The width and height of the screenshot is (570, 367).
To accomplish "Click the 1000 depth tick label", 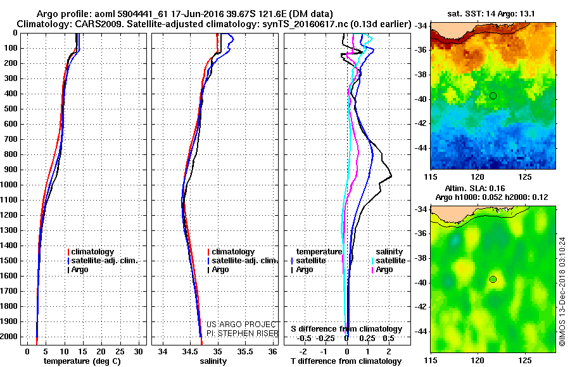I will (10, 185).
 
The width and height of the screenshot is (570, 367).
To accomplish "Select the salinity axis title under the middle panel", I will (213, 361).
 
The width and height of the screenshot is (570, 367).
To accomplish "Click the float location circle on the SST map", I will (493, 96).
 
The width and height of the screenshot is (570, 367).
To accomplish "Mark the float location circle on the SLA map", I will (493, 279).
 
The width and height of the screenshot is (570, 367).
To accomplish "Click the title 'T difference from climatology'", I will (346, 361).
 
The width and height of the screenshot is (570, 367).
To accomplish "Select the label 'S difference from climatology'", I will (346, 329).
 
